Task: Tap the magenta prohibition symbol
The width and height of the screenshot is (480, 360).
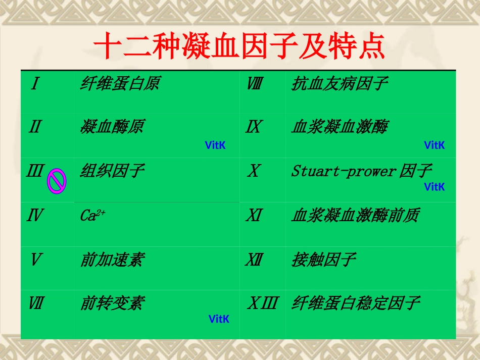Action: [x=57, y=181]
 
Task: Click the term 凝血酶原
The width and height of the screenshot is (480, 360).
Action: [x=112, y=127]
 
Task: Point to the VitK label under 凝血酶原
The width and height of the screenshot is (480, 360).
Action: [x=215, y=145]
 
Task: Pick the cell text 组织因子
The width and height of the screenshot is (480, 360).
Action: [x=112, y=171]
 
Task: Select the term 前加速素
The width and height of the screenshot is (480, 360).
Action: [x=112, y=260]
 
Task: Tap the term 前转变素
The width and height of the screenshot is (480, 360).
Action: [x=112, y=303]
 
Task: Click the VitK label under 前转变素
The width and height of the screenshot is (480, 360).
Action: [x=219, y=319]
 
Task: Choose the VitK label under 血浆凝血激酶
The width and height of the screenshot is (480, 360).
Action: [x=435, y=145]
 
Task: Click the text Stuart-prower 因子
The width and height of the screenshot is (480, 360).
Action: [x=361, y=171]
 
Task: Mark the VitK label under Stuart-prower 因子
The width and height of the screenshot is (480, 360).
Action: [x=435, y=187]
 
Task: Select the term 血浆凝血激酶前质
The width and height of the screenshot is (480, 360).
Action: [x=355, y=216]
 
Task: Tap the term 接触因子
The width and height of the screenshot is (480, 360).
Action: [x=323, y=260]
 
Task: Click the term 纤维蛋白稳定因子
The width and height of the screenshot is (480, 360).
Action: [x=355, y=303]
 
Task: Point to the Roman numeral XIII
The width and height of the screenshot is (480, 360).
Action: [x=262, y=303]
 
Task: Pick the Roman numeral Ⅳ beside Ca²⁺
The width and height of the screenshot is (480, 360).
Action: [x=35, y=216]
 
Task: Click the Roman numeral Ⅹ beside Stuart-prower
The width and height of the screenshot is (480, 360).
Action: [x=253, y=171]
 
